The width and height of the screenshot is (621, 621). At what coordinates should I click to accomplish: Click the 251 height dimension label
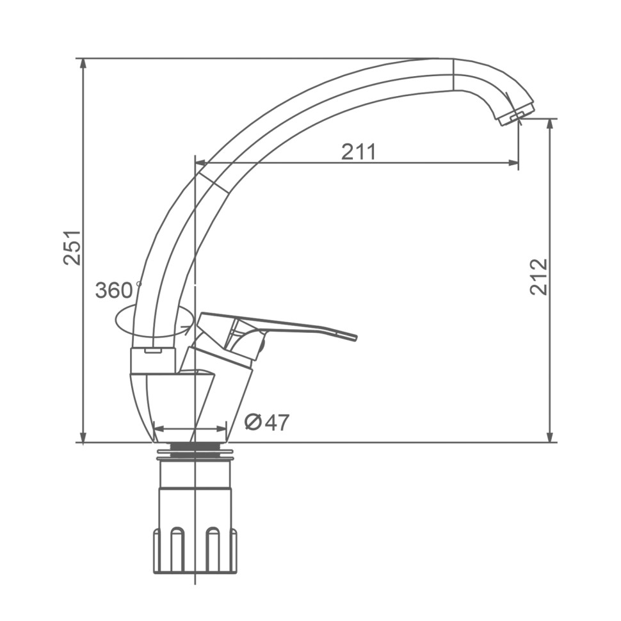(72, 247)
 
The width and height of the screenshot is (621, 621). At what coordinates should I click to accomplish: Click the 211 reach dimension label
(359, 152)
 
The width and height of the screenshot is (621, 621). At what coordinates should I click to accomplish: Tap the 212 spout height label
(538, 277)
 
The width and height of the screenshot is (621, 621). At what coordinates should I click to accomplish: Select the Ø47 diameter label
(267, 423)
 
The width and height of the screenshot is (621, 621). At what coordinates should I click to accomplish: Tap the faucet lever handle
(277, 328)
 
